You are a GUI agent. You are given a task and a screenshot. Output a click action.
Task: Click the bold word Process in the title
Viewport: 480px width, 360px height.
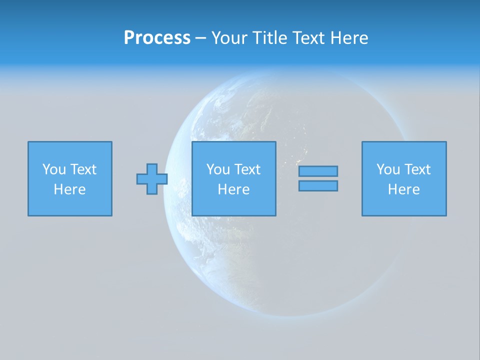tap(157, 38)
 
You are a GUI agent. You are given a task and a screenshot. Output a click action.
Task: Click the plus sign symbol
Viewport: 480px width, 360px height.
tap(152, 179)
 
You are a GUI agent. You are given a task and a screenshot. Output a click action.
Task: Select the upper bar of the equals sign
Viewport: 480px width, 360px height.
tap(318, 171)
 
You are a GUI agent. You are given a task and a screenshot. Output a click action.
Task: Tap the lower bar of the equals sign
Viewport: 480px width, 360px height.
tap(318, 185)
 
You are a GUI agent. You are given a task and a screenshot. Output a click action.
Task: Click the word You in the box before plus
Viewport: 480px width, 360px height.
tap(54, 169)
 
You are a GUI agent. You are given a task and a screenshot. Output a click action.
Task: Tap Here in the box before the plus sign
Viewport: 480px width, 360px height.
tap(70, 189)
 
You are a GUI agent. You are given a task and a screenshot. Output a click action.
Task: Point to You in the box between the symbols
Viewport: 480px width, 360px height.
tap(218, 169)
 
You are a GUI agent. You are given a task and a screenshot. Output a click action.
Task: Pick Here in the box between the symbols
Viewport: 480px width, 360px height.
tap(233, 189)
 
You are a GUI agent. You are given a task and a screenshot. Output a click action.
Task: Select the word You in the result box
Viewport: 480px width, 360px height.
tap(388, 169)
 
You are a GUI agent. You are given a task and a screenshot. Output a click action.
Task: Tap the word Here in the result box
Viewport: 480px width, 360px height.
tap(404, 189)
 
